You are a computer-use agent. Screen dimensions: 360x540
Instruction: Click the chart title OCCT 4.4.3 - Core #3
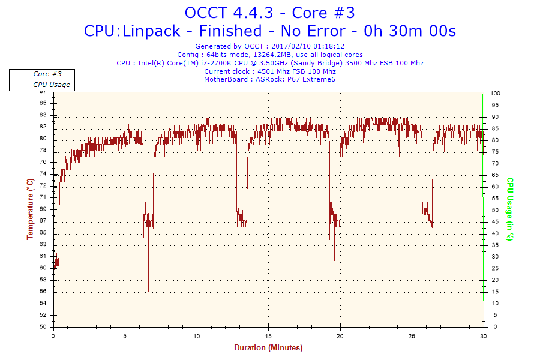tap(269, 13)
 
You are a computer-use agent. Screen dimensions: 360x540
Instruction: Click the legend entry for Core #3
tap(47, 74)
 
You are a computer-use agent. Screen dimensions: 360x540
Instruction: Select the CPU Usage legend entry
tap(51, 85)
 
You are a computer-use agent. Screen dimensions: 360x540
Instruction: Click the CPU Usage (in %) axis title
tap(510, 209)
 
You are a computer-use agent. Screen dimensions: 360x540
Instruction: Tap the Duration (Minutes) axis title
tap(268, 348)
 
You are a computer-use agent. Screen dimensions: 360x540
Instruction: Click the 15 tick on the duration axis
tap(269, 336)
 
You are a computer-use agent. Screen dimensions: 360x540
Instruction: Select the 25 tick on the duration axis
tap(412, 336)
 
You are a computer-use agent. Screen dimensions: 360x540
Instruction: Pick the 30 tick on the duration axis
tap(484, 336)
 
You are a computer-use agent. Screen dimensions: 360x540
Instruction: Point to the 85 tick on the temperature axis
tap(43, 103)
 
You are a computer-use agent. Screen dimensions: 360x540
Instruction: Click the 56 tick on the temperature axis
tap(43, 292)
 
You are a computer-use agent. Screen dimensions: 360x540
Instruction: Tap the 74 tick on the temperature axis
tap(43, 173)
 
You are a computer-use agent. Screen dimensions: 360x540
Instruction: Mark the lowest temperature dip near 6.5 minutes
tap(148, 291)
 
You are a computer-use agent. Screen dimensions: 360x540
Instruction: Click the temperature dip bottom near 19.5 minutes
tap(335, 290)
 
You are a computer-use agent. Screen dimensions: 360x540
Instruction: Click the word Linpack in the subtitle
tap(150, 31)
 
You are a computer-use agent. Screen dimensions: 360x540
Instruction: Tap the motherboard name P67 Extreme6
tap(313, 79)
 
